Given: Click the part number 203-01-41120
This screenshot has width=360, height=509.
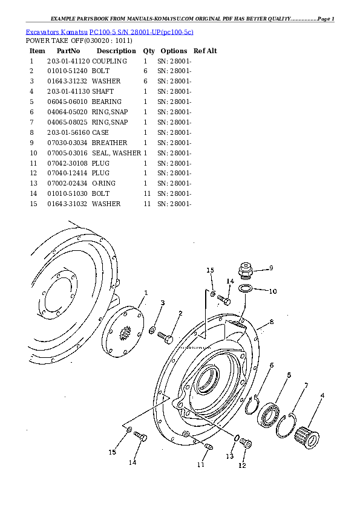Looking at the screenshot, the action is pos(69,61).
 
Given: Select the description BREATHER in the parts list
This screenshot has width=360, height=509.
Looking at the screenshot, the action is pos(110,143).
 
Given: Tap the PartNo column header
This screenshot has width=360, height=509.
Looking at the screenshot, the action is pos(68,51).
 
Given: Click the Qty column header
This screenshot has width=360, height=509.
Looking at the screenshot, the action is pos(149,51).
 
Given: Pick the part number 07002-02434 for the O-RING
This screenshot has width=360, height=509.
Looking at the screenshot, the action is pos(67,183).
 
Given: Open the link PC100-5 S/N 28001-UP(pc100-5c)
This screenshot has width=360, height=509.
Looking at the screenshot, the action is pos(142,32).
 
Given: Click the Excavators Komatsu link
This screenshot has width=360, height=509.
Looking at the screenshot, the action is pos(56,32).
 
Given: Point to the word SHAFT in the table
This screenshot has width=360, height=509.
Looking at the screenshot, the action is pos(103,91).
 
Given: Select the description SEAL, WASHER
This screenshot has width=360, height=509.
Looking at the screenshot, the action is pos(116,153).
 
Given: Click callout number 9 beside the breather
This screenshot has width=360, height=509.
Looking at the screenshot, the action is pos(271,268).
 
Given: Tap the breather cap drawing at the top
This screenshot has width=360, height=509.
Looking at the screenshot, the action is pos(246,271).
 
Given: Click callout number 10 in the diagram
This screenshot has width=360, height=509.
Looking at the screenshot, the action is pos(273,291).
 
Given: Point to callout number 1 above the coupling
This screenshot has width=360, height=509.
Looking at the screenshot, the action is pos(146,293).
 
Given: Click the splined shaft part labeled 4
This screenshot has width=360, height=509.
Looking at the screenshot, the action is pos(307,437).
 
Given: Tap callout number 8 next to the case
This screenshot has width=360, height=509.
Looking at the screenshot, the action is pos(272,322).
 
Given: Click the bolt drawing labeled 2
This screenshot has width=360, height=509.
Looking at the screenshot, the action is pos(165,337).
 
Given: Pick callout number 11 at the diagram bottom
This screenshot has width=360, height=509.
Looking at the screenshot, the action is pos(201,464).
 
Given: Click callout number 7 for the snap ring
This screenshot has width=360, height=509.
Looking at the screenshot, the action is pos(306,386).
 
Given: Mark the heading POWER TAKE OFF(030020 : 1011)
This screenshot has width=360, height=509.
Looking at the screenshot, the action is pos(79,41).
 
